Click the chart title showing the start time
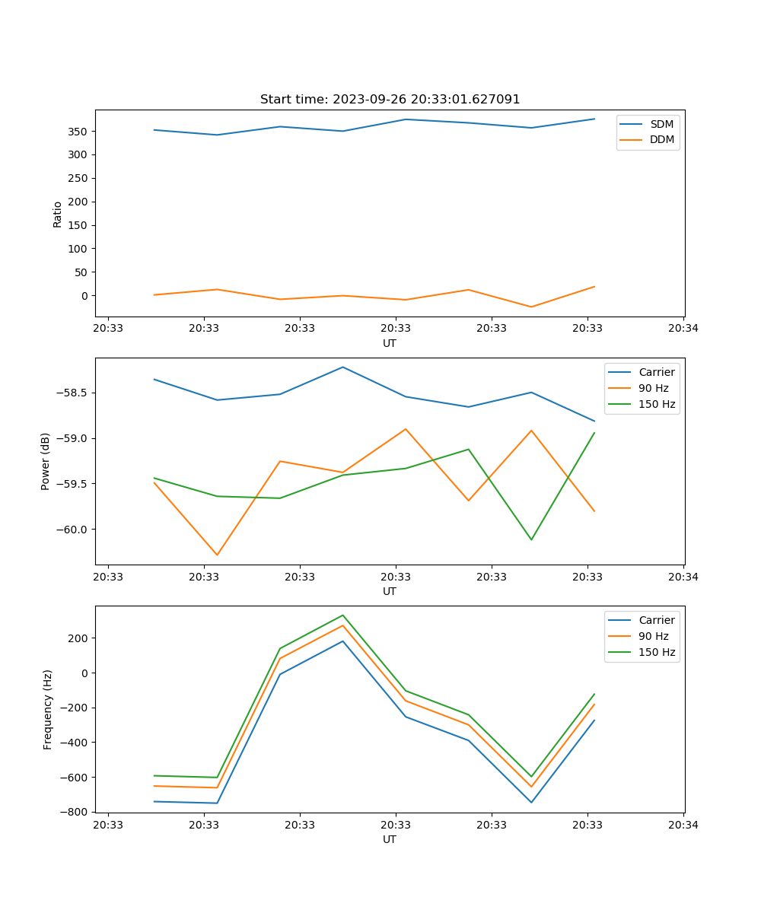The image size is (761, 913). [x=390, y=100]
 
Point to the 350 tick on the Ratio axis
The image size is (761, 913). [x=77, y=132]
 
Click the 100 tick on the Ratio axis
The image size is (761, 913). [x=77, y=249]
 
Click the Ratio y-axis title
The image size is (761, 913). [x=58, y=214]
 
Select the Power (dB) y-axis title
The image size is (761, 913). [x=46, y=461]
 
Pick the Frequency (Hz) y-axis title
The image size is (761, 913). [x=48, y=709]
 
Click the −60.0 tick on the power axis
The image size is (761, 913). [x=72, y=530]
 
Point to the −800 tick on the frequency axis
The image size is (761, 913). [x=74, y=813]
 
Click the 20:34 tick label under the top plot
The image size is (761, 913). [x=683, y=329]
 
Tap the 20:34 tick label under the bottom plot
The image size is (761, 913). [x=683, y=825]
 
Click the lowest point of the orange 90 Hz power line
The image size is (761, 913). [x=217, y=555]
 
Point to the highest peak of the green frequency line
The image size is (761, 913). [x=342, y=615]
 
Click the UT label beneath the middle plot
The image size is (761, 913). [x=390, y=591]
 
